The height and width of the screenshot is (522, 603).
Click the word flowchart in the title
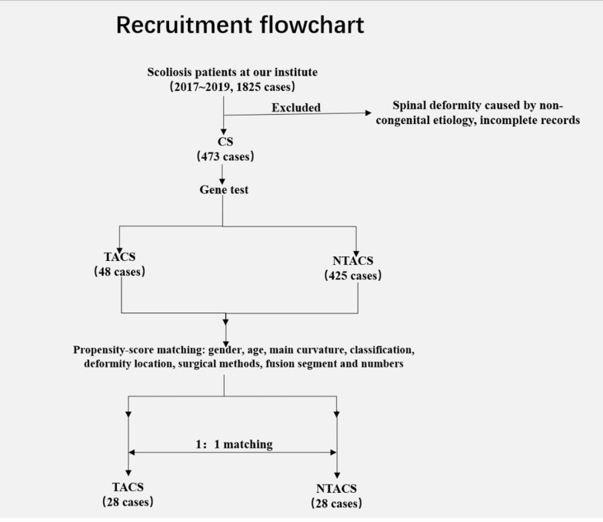312,25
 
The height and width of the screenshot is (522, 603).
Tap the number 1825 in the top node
248,86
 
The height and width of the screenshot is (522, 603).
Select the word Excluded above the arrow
296,108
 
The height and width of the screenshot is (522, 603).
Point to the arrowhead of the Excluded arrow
368,112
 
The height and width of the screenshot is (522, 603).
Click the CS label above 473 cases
225,142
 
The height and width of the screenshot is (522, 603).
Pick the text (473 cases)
225,156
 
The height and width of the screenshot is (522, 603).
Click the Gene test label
224,189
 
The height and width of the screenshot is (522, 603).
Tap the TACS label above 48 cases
120,256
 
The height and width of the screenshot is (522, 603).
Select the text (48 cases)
120,271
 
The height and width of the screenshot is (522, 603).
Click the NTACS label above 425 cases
352,260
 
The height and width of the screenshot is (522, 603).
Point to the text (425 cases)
352,276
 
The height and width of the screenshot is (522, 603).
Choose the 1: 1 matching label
234,444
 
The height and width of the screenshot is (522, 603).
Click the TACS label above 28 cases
128,487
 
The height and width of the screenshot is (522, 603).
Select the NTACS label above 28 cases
337,488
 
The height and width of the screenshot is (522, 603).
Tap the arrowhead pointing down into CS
223,132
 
